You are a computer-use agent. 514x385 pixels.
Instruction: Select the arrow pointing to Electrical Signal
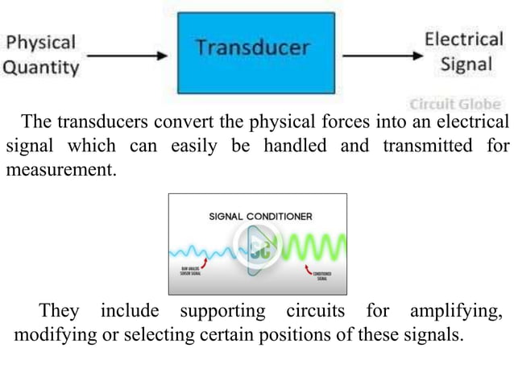coord(379,56)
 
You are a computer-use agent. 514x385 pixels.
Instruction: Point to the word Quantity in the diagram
coord(42,67)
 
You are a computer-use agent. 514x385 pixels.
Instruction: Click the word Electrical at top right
coord(464,38)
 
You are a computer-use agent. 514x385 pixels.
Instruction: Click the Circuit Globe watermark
coord(455,104)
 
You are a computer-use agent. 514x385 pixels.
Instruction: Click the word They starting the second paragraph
coord(59,311)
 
